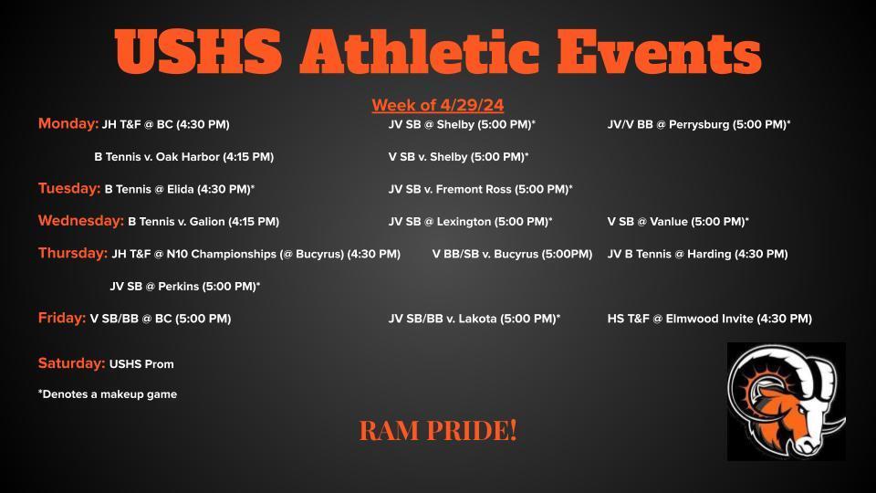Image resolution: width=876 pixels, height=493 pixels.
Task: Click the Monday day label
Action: coord(68,123)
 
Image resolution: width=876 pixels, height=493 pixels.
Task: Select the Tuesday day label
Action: coord(69,188)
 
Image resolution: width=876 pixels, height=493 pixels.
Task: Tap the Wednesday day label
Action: coord(81,221)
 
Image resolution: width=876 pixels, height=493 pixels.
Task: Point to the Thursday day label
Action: coord(73,253)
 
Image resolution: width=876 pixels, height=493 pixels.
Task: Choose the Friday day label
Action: coord(62,318)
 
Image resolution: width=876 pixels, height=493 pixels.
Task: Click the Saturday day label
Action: coord(71,363)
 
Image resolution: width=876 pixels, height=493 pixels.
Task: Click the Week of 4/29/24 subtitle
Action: coord(438,105)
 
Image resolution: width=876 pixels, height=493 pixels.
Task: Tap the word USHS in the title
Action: coord(198,51)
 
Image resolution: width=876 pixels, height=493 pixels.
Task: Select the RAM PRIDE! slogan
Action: coord(438,430)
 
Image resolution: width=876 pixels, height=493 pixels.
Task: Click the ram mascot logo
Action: coord(786,402)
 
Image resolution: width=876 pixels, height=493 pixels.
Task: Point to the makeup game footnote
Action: coord(108,394)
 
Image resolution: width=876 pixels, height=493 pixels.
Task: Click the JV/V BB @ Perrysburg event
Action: coord(699,124)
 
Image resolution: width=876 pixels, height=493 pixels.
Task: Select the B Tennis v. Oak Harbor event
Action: coord(183,156)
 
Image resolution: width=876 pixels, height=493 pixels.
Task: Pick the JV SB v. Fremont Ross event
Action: coord(481,189)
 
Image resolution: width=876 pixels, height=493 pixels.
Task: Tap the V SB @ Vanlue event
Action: coord(678,221)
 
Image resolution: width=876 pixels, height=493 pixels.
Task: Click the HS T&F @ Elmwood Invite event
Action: coord(710,319)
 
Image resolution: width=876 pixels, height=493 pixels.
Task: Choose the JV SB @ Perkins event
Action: coord(185,286)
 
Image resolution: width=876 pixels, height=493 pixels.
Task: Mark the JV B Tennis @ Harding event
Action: coord(698,254)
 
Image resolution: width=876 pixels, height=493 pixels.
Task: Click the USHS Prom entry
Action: coord(141,364)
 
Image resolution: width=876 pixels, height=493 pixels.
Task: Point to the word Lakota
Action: coord(477,319)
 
